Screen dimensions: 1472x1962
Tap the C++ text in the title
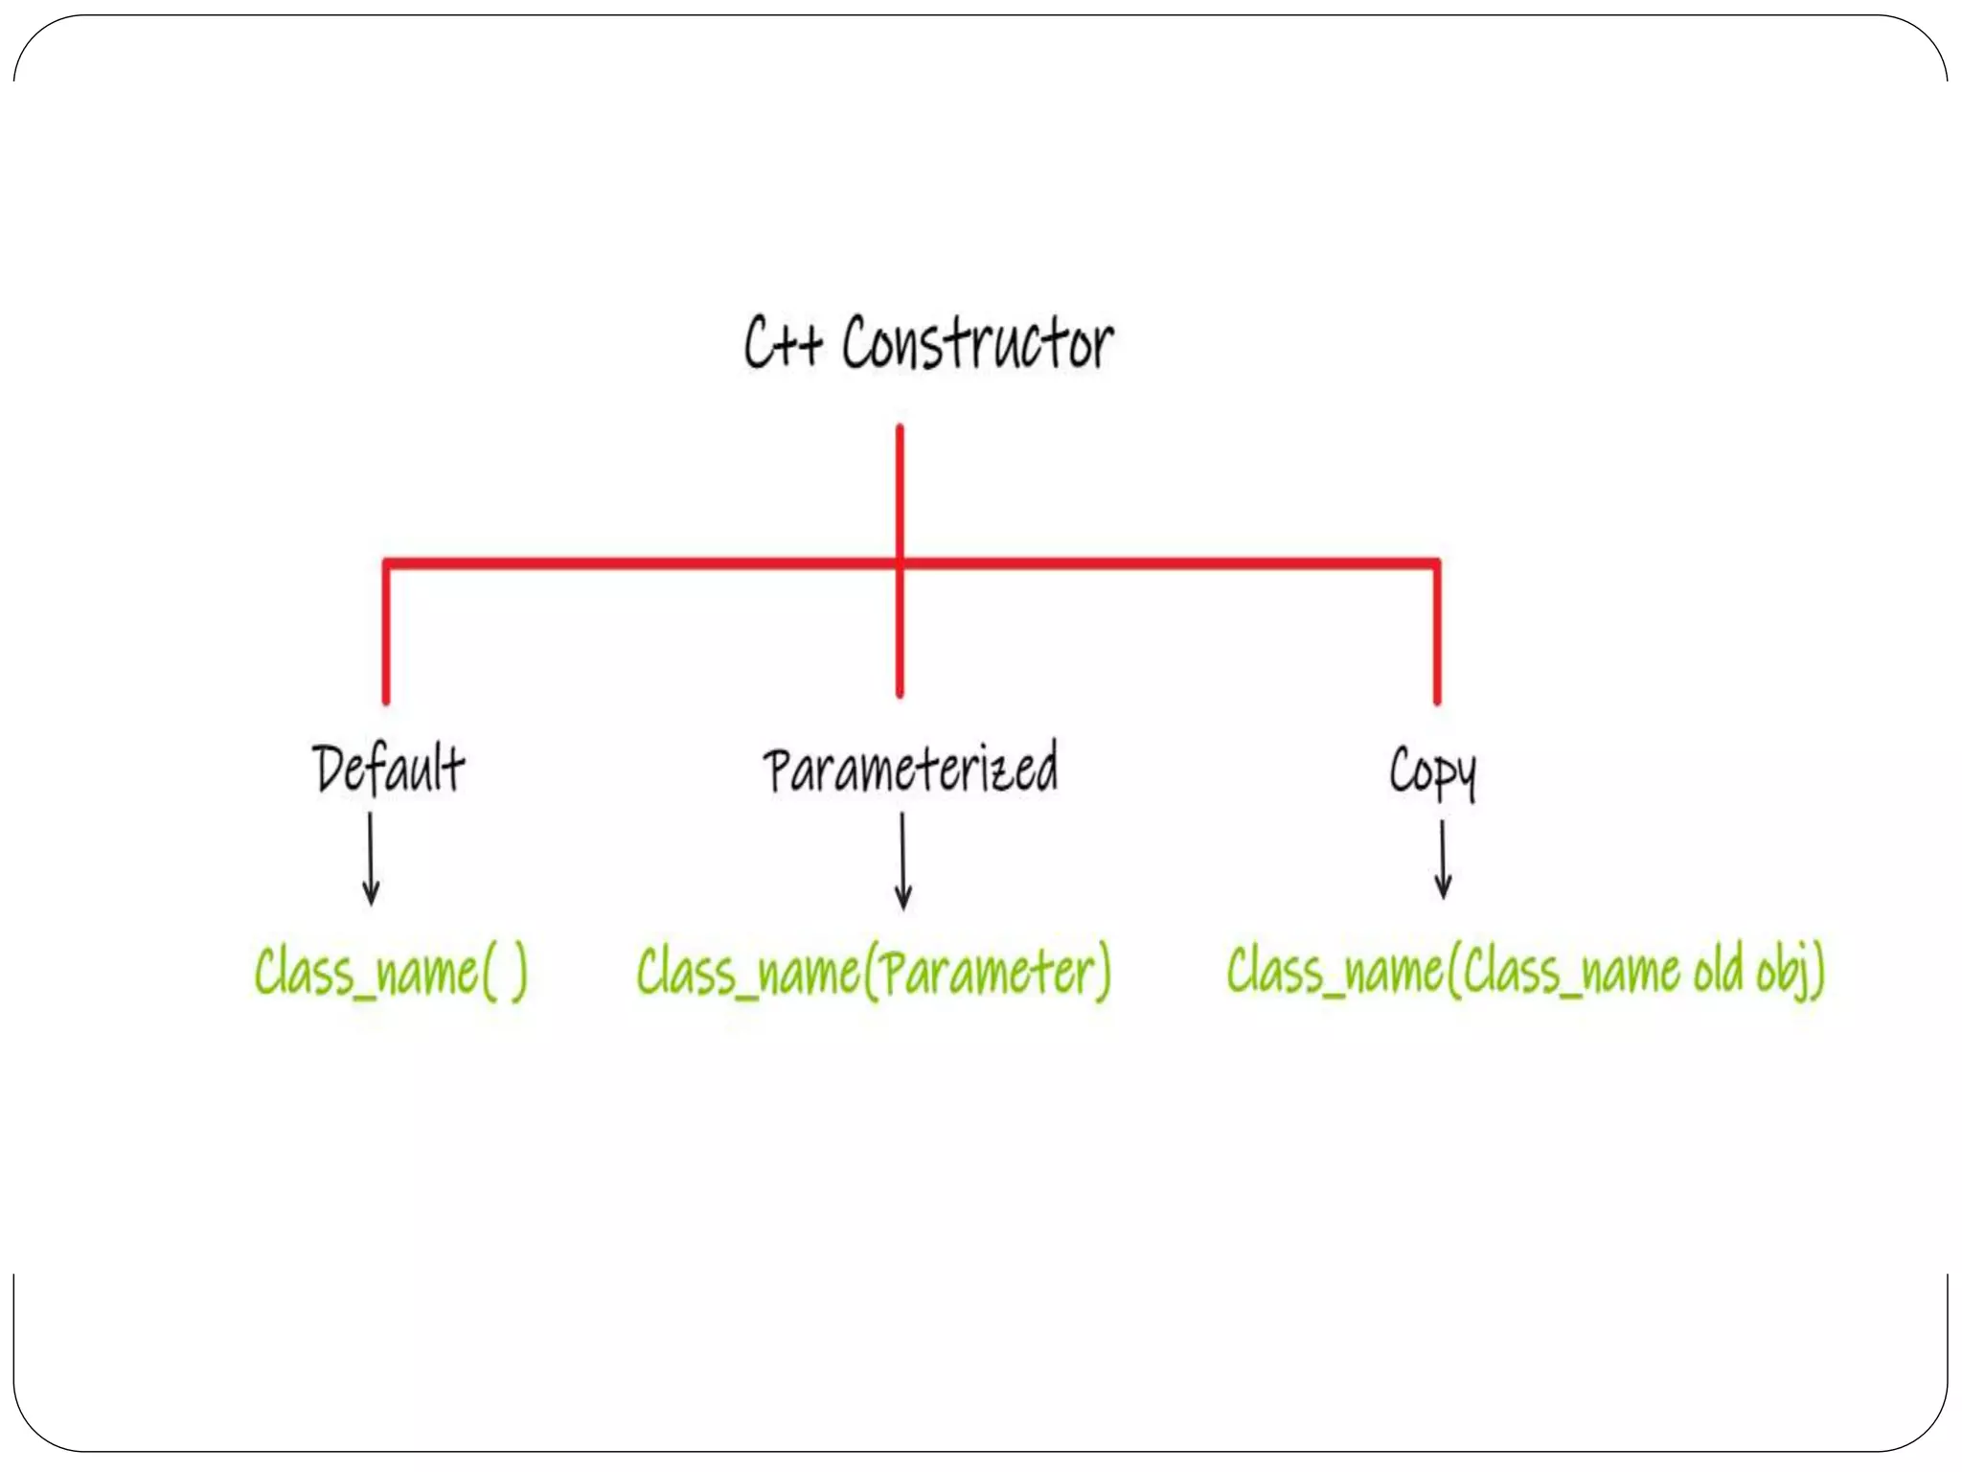point(783,343)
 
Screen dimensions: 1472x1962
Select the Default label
point(389,769)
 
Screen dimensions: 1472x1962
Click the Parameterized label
point(910,769)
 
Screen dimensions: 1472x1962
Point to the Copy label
point(1432,771)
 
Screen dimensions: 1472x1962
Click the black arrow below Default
point(371,859)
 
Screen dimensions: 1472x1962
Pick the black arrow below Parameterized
point(902,861)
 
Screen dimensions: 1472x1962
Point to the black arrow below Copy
point(1443,859)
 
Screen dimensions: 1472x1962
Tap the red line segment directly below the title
point(900,489)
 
